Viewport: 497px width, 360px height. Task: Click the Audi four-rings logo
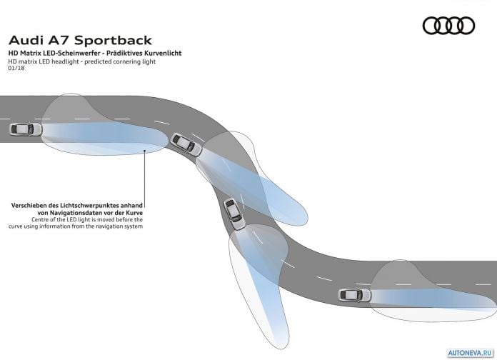click(x=448, y=26)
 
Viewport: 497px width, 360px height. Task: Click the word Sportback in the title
click(x=113, y=40)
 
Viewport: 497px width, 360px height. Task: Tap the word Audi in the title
click(x=26, y=40)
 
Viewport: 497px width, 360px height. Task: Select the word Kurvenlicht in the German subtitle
click(x=163, y=53)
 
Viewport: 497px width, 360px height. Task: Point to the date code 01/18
click(x=16, y=68)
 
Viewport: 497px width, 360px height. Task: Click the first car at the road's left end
click(x=26, y=129)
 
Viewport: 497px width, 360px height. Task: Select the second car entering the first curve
click(x=186, y=144)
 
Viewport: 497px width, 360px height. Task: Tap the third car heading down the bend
click(x=234, y=214)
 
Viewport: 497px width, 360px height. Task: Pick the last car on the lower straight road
click(x=355, y=295)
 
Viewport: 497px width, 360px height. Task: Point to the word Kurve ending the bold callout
click(x=134, y=213)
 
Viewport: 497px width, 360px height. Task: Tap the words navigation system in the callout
click(x=120, y=226)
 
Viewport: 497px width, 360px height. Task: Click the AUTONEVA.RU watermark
click(x=471, y=353)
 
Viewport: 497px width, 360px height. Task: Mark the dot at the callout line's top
click(x=144, y=151)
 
